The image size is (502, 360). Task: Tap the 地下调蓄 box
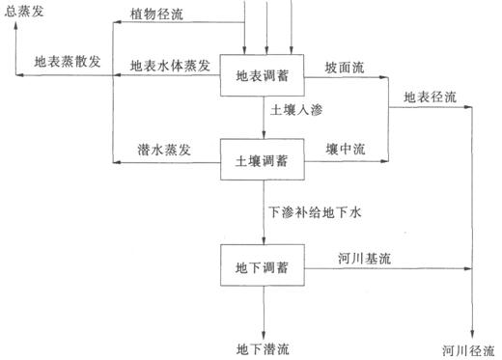(x=264, y=264)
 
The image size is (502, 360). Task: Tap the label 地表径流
(x=430, y=97)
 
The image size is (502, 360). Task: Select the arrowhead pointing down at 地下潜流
(x=264, y=329)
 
